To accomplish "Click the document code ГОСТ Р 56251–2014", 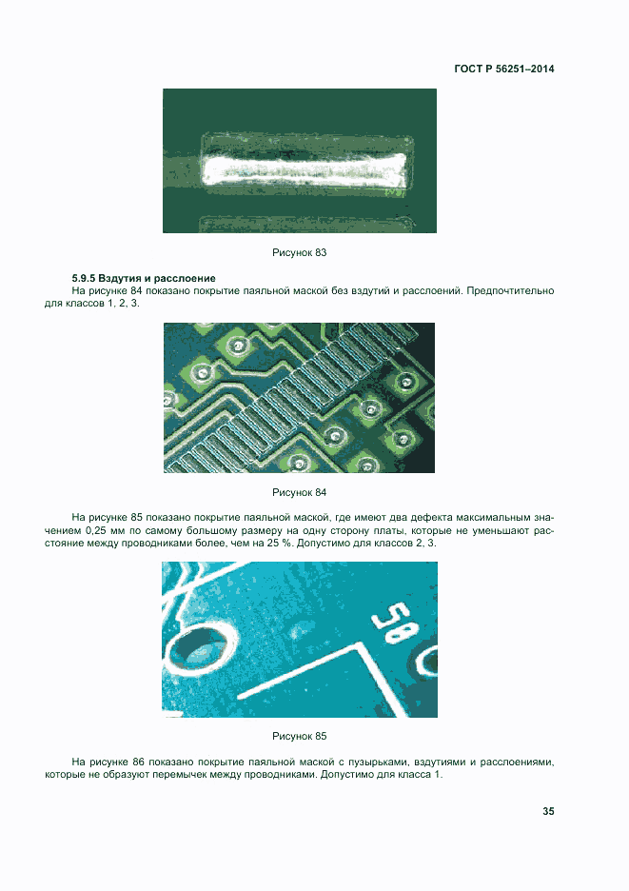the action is pyautogui.click(x=504, y=69).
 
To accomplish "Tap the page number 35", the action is pyautogui.click(x=548, y=811).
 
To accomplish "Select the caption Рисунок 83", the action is pyautogui.click(x=300, y=252).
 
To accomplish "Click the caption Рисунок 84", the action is pyautogui.click(x=300, y=492).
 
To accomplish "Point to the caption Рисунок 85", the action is pyautogui.click(x=300, y=736).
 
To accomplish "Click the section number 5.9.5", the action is pyautogui.click(x=84, y=278).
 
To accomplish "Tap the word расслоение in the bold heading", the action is pyautogui.click(x=185, y=278).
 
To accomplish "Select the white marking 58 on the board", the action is pyautogui.click(x=394, y=623).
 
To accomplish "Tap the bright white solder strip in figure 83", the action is pyautogui.click(x=305, y=169).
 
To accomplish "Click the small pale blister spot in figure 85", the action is pyautogui.click(x=296, y=632).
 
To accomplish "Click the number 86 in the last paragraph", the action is pyautogui.click(x=138, y=762).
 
